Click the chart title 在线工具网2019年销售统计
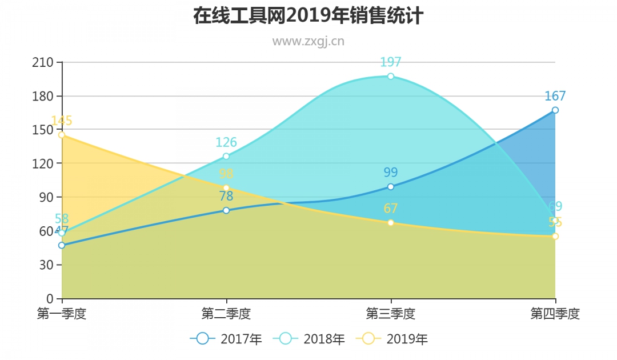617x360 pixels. pos(308,16)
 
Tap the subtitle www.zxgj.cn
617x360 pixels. pos(308,41)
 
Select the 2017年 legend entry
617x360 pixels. pos(226,339)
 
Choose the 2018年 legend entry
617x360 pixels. pos(309,339)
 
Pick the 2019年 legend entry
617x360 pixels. pos(392,339)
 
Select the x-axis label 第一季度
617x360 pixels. pos(62,314)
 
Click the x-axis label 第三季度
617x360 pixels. pos(391,314)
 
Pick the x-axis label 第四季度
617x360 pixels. pos(555,314)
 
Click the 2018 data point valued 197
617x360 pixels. pos(391,76)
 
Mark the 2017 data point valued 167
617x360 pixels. pos(555,110)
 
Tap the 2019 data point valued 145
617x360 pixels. pos(62,135)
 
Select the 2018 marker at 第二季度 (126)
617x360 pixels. pos(226,156)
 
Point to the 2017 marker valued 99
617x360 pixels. pos(391,186)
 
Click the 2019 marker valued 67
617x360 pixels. pos(391,222)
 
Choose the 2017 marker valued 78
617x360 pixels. pos(226,210)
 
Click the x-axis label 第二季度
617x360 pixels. pos(226,314)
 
